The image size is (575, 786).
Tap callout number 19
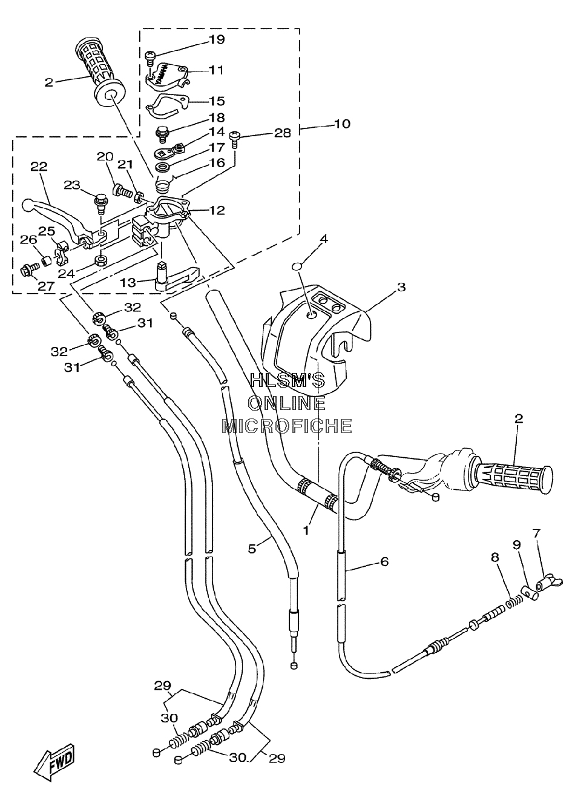tap(217, 39)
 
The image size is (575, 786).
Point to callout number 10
tap(343, 124)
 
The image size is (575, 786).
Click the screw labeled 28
tap(234, 140)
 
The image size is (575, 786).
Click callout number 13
tap(128, 282)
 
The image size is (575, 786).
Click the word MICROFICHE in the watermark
tap(287, 426)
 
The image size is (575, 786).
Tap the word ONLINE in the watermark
tap(287, 403)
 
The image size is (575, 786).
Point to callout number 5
tap(252, 549)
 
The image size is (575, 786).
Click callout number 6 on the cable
tap(384, 561)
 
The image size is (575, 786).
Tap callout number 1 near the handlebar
tap(306, 530)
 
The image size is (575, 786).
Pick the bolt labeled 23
tap(100, 203)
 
